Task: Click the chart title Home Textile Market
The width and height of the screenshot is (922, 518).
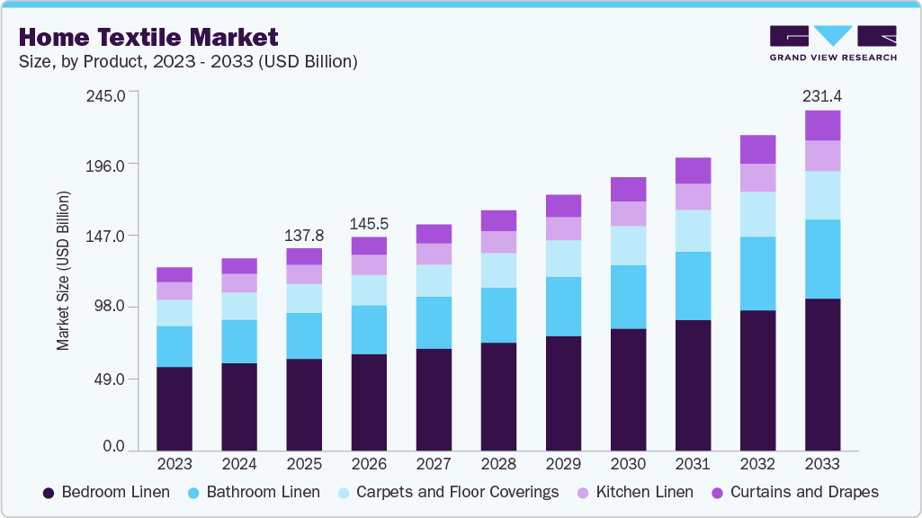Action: pos(148,37)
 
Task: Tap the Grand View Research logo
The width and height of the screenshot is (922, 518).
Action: pos(833,42)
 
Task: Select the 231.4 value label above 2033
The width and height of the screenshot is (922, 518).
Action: pos(822,95)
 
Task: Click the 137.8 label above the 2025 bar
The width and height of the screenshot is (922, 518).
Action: pos(304,235)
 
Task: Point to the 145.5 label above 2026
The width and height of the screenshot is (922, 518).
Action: pos(369,223)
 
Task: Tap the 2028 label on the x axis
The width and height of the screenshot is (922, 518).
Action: pos(498,464)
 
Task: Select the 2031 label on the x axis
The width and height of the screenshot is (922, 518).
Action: pos(693,464)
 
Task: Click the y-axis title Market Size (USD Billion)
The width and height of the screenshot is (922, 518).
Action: pos(63,270)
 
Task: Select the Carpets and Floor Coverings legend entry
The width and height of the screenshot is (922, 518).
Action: pos(446,492)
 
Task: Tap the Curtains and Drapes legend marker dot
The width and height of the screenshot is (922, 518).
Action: pos(718,493)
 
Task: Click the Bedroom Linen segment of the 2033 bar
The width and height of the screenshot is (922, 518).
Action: pos(822,374)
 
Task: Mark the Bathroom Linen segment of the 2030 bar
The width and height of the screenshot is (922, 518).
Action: pos(628,297)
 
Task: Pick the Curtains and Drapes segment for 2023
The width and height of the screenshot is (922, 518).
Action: pos(175,274)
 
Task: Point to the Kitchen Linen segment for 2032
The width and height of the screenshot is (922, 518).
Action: pos(757,177)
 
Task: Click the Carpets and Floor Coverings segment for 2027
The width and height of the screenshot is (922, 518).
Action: pos(434,281)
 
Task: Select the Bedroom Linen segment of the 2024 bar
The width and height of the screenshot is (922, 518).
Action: pos(239,406)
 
